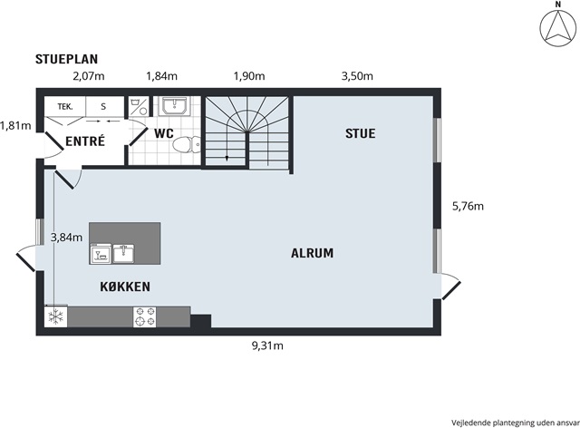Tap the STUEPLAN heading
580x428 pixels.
66,59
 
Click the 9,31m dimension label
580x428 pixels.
267,345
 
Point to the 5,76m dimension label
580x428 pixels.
468,206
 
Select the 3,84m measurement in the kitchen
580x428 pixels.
66,238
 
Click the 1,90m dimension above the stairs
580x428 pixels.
249,76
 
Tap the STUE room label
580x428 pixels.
361,133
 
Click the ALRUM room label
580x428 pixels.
312,253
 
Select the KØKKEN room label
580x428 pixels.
125,287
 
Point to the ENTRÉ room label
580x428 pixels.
85,141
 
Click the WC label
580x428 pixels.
164,133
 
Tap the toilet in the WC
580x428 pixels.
187,144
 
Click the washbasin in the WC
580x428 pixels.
175,106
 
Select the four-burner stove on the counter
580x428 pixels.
145,316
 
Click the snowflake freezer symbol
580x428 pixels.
56,316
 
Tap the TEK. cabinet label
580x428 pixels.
65,107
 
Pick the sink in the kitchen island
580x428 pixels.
124,253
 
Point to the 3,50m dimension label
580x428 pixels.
357,76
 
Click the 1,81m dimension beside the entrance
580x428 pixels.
15,126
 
